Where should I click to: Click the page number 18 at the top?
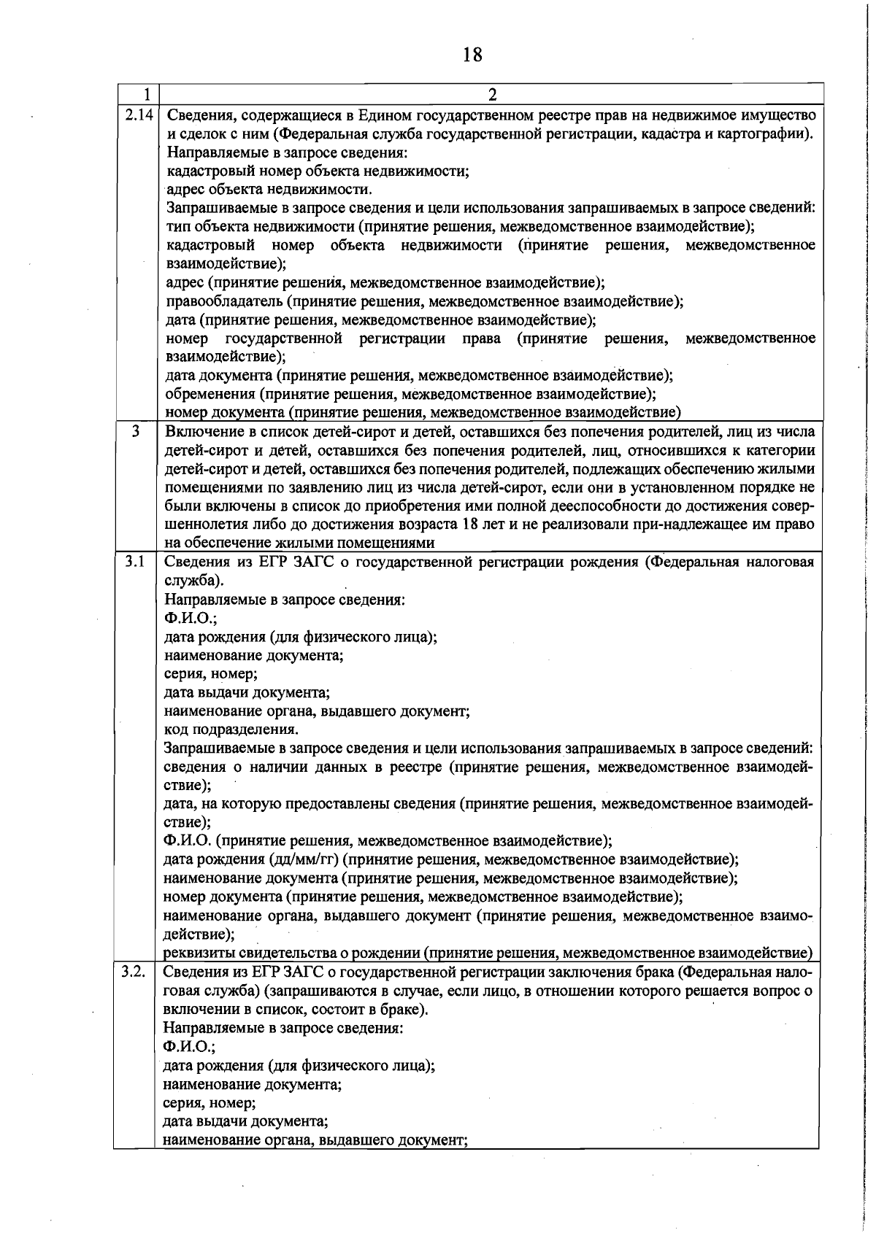pyautogui.click(x=472, y=55)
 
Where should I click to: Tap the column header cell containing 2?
pyautogui.click(x=491, y=94)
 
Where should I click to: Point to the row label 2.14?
pyautogui.click(x=137, y=115)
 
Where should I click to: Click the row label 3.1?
pyautogui.click(x=134, y=562)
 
